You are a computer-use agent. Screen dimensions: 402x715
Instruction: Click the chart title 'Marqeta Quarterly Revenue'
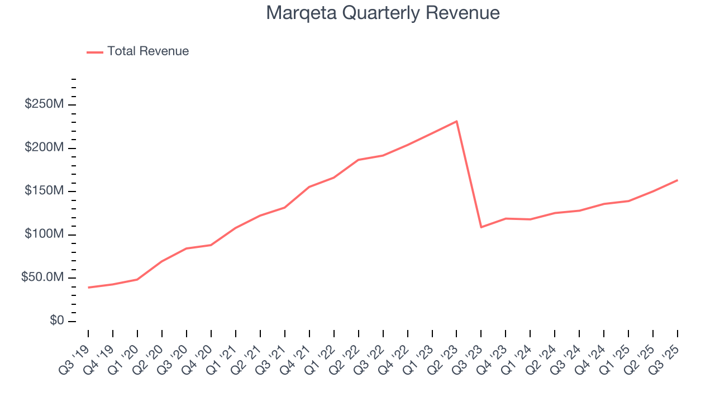coord(383,12)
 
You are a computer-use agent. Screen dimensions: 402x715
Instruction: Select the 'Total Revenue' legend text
coord(148,51)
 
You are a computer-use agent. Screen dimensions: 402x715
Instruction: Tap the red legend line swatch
coord(95,52)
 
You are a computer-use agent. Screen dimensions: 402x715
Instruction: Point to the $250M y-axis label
coord(44,104)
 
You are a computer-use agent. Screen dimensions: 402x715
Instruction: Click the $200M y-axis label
coord(44,148)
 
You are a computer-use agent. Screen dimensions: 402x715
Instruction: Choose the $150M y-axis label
coord(44,191)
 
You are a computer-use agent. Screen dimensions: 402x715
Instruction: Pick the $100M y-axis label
coord(44,234)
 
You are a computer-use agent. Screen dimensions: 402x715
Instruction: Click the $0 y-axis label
coord(56,321)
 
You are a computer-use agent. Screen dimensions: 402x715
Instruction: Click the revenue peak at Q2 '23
coord(456,121)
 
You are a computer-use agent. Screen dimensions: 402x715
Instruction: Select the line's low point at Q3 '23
coord(481,227)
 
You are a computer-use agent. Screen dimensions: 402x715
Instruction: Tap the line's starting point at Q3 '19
coord(88,288)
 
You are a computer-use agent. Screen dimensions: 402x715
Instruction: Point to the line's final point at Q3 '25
coord(677,180)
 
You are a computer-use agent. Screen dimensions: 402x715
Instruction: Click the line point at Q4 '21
coord(309,187)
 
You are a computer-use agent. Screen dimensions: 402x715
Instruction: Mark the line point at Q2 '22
coord(358,160)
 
